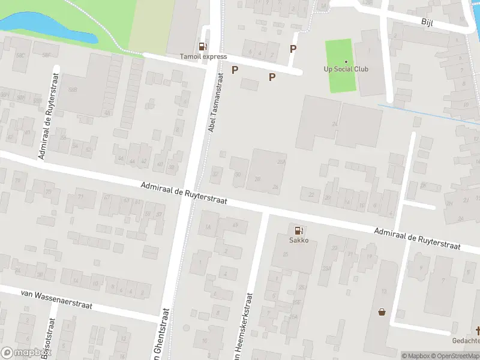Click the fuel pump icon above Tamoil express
203,46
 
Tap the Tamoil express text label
203,56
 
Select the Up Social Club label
346,69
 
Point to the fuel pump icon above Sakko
298,230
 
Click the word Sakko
298,240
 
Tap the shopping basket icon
382,311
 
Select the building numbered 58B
73,89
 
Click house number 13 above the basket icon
383,291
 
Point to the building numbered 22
311,194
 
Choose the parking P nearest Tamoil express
235,70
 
